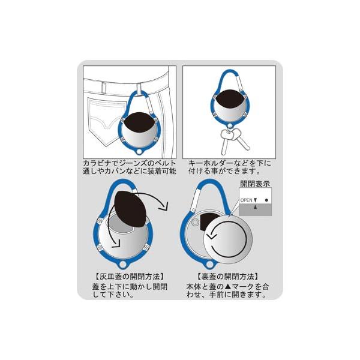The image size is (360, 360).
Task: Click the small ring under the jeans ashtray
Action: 140,152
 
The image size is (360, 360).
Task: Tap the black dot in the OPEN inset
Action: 266,200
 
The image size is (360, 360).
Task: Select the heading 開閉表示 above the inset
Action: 254,184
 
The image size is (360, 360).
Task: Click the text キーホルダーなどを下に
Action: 230,163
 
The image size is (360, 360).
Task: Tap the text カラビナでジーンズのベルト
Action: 129,163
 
